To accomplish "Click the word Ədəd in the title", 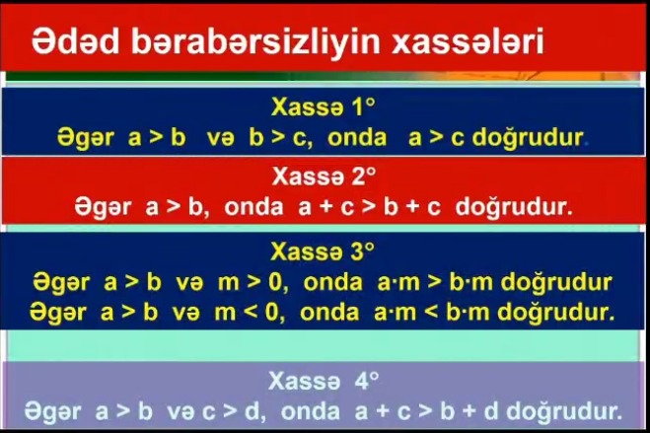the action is click(x=75, y=41).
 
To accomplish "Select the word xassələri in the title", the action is click(x=468, y=41).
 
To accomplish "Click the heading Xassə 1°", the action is click(x=324, y=107).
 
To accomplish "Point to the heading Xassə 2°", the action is click(x=325, y=177).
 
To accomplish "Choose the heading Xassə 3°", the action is click(x=323, y=252).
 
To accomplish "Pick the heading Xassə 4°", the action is click(x=324, y=381).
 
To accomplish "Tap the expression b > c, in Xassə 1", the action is click(x=281, y=137).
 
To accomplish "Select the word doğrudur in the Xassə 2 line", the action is click(x=514, y=206).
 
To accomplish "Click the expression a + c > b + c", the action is click(x=369, y=207).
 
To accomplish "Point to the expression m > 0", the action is click(x=253, y=283).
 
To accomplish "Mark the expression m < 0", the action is click(x=250, y=313).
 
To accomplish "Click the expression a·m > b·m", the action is click(x=435, y=282).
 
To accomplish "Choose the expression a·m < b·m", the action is click(x=432, y=312).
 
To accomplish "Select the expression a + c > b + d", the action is click(x=426, y=411).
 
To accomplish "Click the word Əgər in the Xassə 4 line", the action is click(x=52, y=412).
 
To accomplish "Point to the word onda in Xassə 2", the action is click(x=253, y=207).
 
